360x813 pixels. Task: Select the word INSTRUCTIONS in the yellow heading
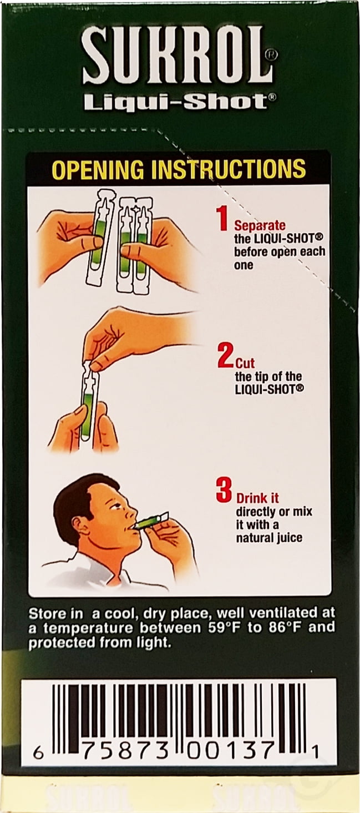click(x=229, y=169)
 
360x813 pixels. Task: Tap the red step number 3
click(x=224, y=491)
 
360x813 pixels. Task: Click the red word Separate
click(x=260, y=226)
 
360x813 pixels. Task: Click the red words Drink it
click(x=257, y=498)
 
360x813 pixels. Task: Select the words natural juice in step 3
click(x=269, y=538)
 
